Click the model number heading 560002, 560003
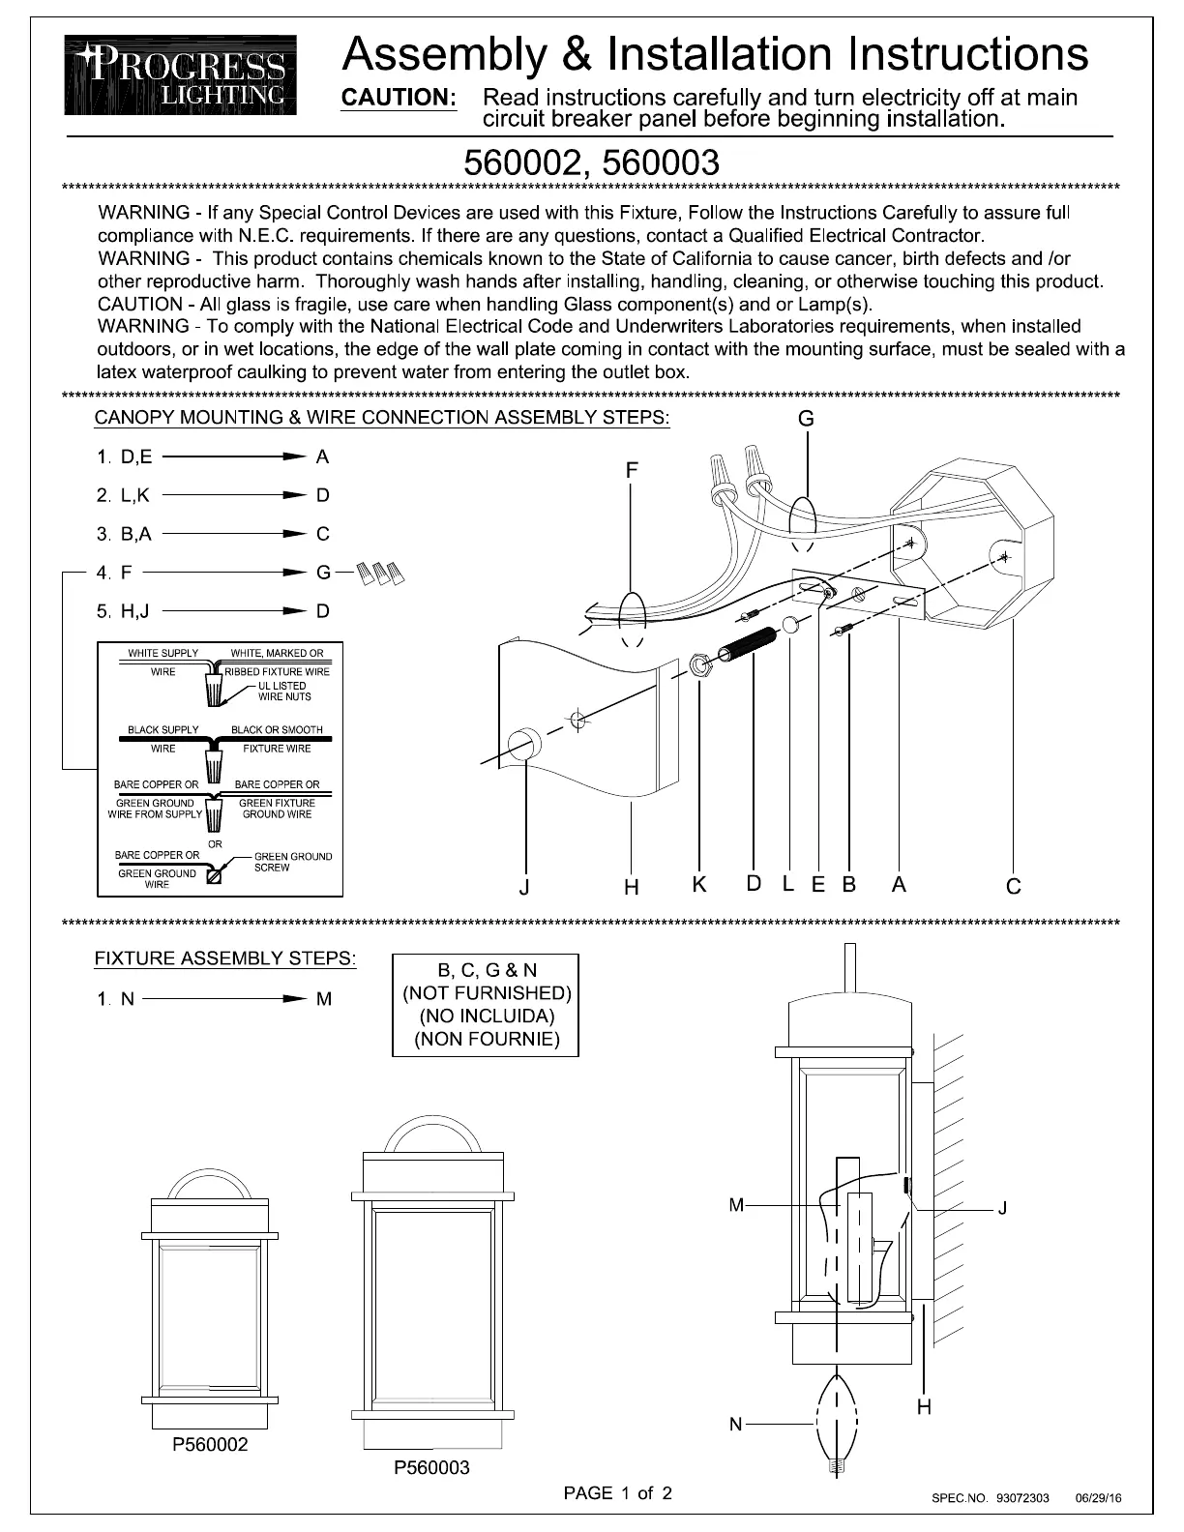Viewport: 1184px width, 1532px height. (591, 162)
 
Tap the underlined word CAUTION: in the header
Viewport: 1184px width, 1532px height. (400, 98)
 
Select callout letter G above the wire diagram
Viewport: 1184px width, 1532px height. (806, 419)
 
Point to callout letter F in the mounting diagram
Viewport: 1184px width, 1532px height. (632, 471)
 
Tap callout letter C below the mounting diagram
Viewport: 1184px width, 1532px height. (1013, 886)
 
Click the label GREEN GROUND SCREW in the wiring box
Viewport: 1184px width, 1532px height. (292, 862)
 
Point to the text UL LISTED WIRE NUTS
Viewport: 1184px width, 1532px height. (283, 691)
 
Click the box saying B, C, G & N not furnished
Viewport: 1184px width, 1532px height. (486, 1005)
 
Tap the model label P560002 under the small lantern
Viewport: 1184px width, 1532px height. (210, 1444)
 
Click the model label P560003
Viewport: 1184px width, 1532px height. (431, 1467)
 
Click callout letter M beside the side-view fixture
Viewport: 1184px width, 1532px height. (736, 1205)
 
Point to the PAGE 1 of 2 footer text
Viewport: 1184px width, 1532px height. (617, 1492)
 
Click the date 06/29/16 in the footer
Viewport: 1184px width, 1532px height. (1098, 1498)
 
